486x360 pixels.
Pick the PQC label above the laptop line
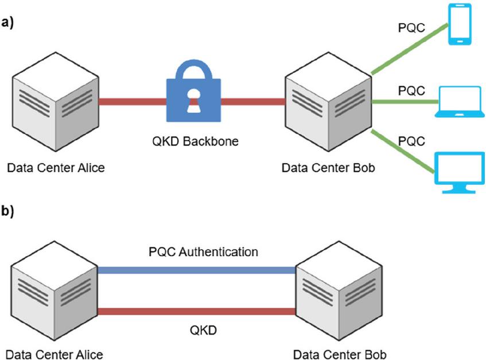coord(411,91)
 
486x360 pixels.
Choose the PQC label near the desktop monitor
coord(411,140)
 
